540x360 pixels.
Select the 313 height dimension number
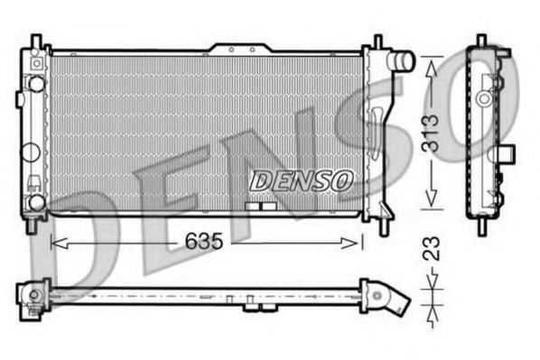[432, 127]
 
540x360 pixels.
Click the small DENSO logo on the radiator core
[300, 180]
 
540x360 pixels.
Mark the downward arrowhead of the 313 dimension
[432, 199]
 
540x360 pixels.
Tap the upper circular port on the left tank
[36, 84]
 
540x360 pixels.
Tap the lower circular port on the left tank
[36, 201]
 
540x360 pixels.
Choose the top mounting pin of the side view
[481, 42]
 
